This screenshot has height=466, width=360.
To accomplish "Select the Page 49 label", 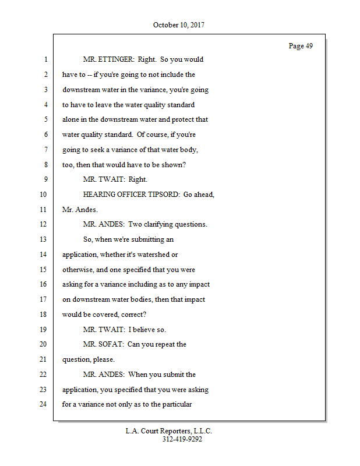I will [301, 46].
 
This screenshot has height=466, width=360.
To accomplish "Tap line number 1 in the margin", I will [45, 59].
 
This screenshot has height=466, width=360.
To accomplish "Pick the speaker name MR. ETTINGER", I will [108, 59].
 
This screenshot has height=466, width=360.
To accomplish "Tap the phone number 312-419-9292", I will [182, 439].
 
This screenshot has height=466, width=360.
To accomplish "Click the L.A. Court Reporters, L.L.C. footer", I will [169, 431].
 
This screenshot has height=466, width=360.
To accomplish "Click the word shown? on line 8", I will [169, 165].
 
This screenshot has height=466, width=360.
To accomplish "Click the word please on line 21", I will [103, 359].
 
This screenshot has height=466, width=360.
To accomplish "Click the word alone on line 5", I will [72, 119].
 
